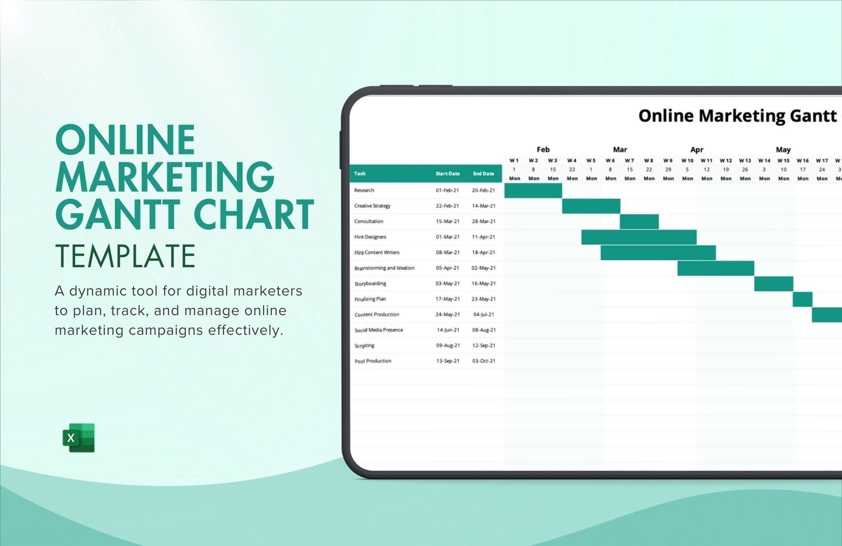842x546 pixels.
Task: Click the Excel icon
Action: (78, 438)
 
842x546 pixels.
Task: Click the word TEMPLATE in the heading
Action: (125, 256)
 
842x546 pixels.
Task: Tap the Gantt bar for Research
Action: (533, 191)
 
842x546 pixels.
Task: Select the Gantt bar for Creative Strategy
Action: (591, 206)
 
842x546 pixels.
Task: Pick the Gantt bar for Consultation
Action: (639, 222)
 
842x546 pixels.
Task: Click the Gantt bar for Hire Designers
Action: (639, 237)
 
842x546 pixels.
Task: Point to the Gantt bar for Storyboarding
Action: (774, 284)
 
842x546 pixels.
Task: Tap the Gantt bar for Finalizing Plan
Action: (802, 299)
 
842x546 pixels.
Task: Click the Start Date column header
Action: (447, 174)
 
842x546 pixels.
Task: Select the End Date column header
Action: (483, 174)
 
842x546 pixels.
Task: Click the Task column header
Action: (360, 174)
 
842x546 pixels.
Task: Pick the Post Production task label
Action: (373, 361)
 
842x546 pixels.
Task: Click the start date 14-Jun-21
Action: (448, 330)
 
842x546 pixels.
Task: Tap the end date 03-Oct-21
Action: (484, 361)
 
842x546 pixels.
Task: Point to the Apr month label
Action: (697, 149)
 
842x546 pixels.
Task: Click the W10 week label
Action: (687, 160)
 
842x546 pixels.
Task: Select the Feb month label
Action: (543, 149)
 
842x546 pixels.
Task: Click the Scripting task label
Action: (364, 346)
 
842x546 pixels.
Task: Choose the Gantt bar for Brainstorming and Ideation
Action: (716, 268)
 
